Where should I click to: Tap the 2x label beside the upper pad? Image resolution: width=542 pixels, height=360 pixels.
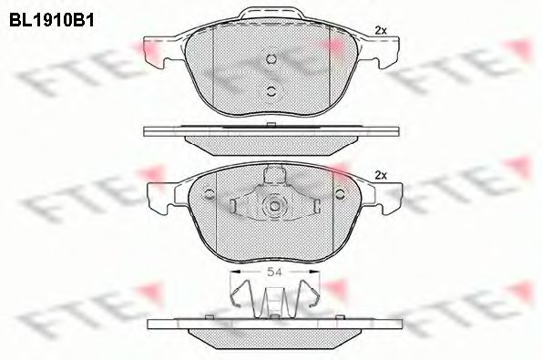click(380, 31)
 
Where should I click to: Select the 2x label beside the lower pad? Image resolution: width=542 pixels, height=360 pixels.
click(381, 174)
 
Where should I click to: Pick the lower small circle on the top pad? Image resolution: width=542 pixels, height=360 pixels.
click(271, 89)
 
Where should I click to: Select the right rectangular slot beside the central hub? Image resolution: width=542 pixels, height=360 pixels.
click(306, 207)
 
